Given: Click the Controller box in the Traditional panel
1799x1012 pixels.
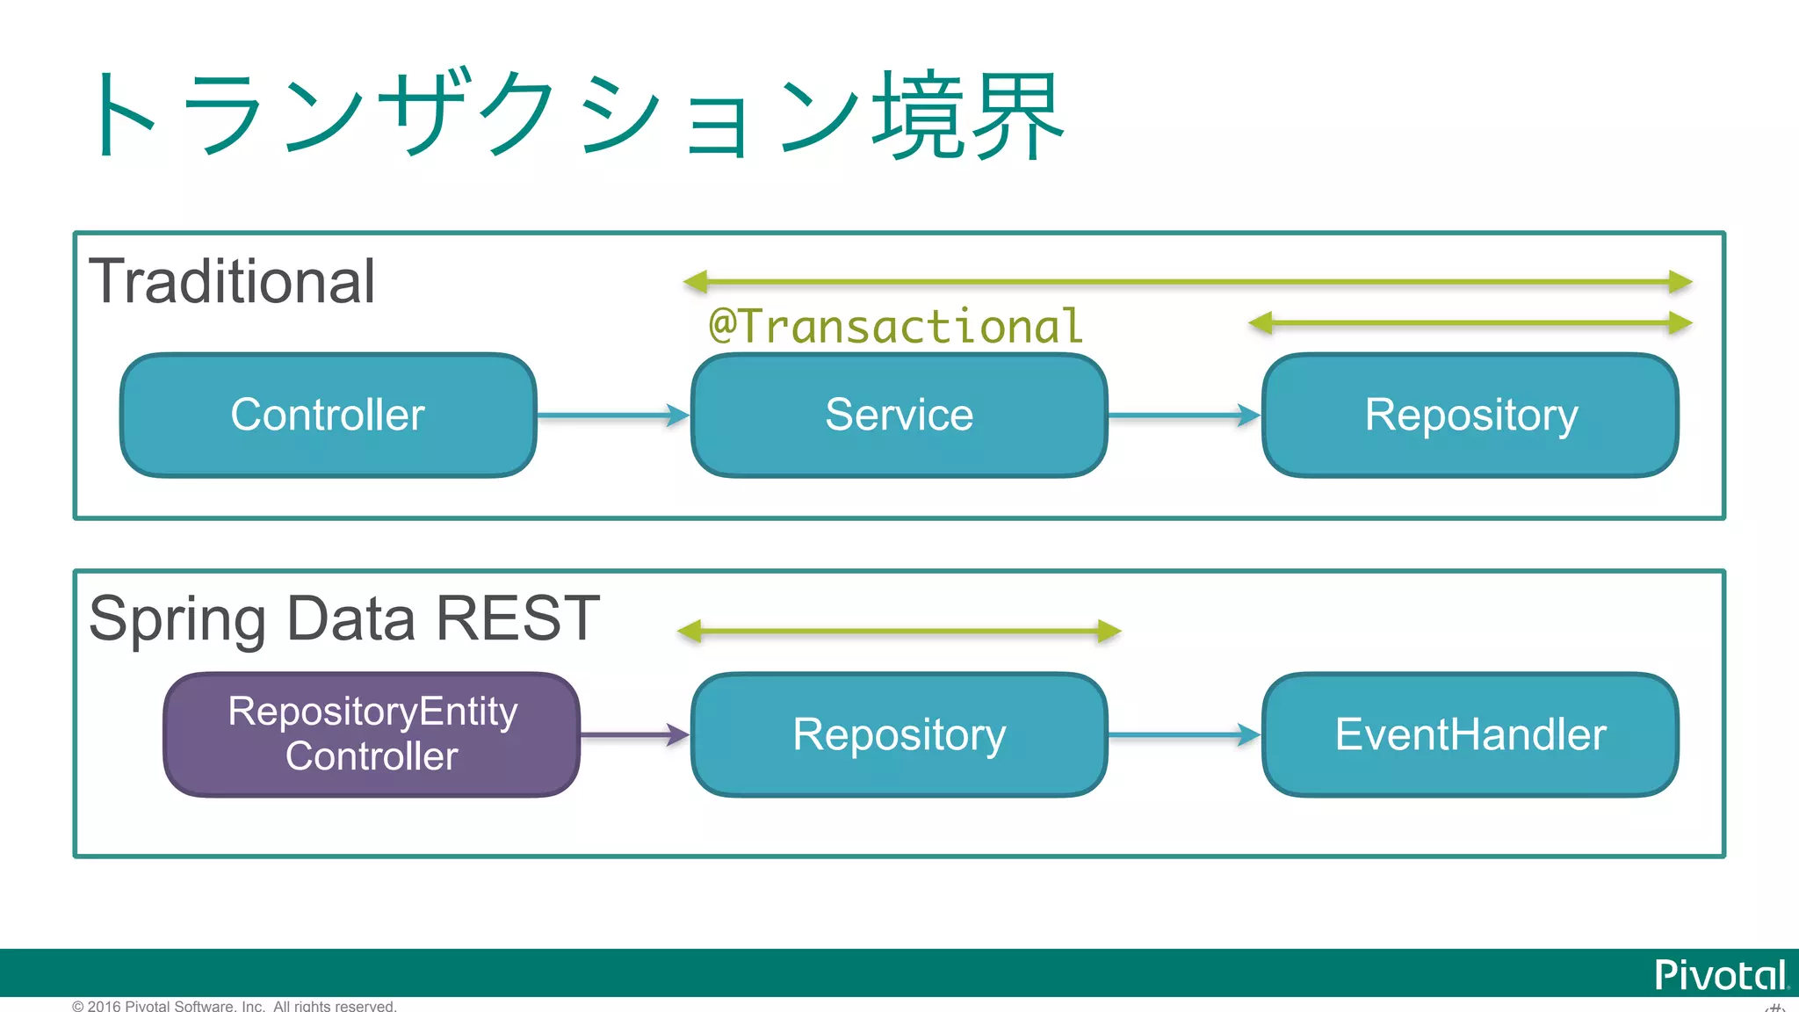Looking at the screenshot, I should coord(328,415).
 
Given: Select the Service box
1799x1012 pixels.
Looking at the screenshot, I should coord(899,415).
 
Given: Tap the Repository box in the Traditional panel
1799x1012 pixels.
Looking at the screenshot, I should coord(1470,415).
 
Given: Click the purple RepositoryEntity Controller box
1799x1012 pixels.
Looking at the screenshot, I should coord(372,734).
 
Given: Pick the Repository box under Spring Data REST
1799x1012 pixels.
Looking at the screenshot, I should coord(899,734).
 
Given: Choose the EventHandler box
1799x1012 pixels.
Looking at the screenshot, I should coord(1470,734).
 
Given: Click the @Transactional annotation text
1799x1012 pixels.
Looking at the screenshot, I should coord(896,327).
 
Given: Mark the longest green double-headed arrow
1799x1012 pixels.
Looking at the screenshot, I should coord(1188,282).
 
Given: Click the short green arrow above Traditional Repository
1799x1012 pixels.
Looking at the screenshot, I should coord(1470,323).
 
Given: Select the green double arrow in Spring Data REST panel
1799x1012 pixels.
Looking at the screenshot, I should coord(899,631).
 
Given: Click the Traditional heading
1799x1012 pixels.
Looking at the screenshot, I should coord(233,282).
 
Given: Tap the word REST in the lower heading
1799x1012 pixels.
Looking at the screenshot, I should coord(517,618).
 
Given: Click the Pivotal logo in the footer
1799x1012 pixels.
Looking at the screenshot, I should coord(1719,975).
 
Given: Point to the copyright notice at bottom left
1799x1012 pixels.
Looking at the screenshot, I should coord(234,1006).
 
